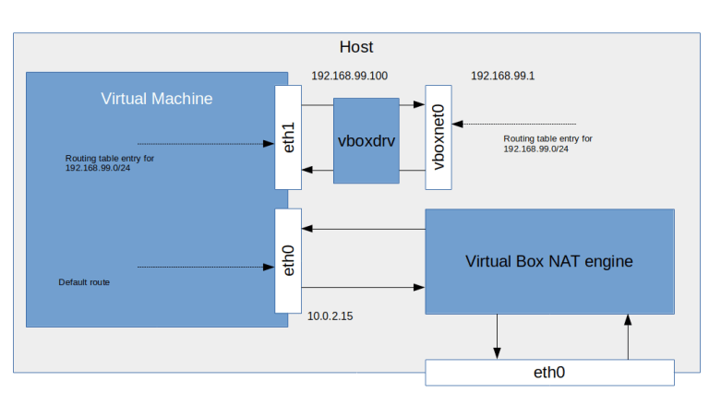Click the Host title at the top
click(355, 47)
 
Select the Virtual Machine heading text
click(156, 99)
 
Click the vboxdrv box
click(367, 140)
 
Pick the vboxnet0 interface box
click(439, 137)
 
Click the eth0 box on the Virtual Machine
click(289, 260)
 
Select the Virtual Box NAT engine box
click(549, 261)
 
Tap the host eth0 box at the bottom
click(549, 373)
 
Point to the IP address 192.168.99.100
click(349, 77)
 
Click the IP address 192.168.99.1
click(503, 76)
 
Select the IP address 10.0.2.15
click(330, 316)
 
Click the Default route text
click(84, 282)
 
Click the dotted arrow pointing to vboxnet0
click(514, 123)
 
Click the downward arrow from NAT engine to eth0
click(498, 337)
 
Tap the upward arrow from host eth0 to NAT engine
click(628, 337)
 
